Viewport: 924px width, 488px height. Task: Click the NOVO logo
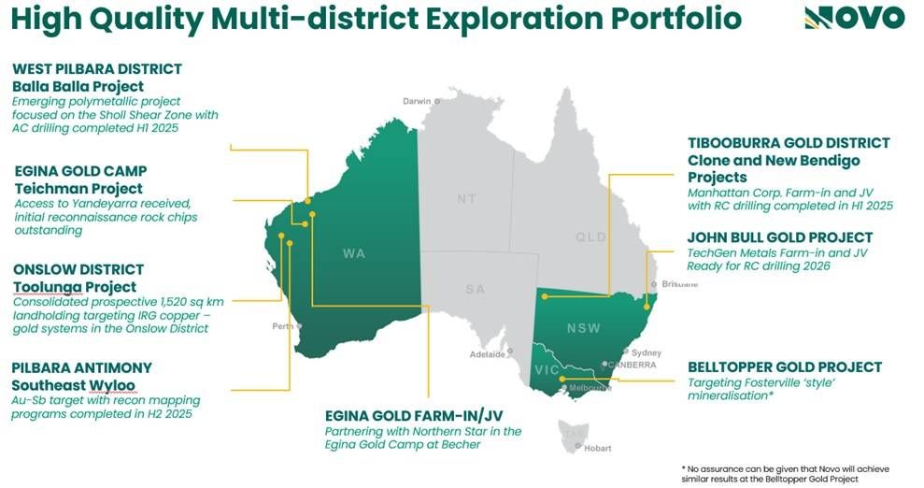[x=854, y=17]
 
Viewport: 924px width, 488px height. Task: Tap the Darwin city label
[x=417, y=101]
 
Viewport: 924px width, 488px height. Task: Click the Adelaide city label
[x=487, y=354]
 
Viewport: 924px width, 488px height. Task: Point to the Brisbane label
[x=678, y=283]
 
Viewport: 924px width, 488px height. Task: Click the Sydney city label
[x=646, y=352]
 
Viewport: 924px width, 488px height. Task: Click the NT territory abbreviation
[x=466, y=199]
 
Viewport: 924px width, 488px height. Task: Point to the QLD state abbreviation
[x=590, y=237]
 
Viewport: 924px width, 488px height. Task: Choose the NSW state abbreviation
[x=583, y=328]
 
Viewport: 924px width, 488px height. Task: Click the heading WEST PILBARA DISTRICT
[x=97, y=69]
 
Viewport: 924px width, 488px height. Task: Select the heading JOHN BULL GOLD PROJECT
[x=779, y=237]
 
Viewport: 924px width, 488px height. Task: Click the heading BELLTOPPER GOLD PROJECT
[x=784, y=367]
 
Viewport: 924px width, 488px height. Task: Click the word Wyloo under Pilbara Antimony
[x=110, y=385]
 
